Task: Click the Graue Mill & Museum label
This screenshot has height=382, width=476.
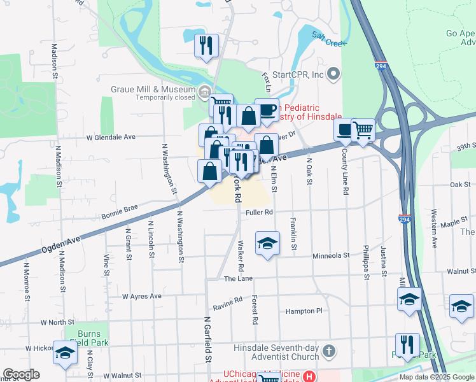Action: coord(153,90)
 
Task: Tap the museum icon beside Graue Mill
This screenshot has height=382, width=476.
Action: coord(204,93)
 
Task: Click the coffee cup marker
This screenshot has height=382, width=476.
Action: coord(267,110)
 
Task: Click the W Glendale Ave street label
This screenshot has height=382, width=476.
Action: coord(111,137)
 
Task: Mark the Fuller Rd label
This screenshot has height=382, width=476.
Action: coord(260,212)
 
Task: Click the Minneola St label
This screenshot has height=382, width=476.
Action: coord(331,255)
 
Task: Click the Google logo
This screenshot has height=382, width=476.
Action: coord(21,374)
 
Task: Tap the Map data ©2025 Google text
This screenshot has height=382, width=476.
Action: coord(436,377)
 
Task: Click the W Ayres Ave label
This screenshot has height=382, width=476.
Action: coord(142,297)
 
